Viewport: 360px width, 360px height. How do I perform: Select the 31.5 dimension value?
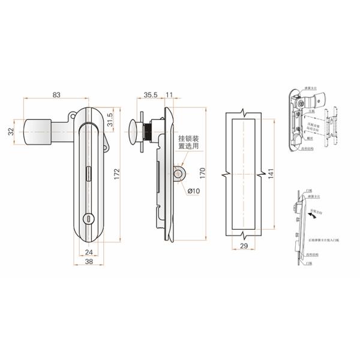(x=110, y=119)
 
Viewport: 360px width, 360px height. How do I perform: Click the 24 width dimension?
(x=88, y=252)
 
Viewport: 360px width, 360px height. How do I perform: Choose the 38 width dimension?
(x=88, y=262)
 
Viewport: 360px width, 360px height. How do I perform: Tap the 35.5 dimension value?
(x=150, y=95)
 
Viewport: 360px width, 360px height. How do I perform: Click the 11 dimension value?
(x=169, y=95)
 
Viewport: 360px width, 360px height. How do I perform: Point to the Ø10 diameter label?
(x=193, y=191)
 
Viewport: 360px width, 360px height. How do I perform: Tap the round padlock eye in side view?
(x=178, y=174)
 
